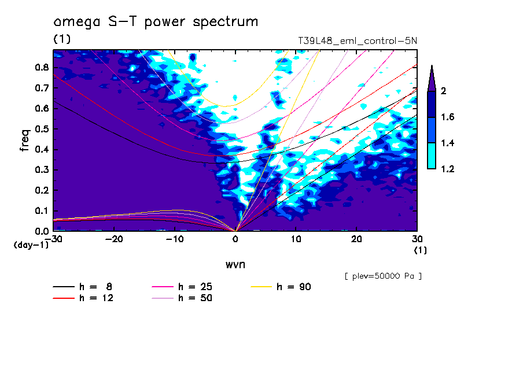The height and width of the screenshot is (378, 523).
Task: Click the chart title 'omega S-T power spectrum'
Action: [156, 22]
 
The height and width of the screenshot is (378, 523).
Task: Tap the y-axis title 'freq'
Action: [25, 140]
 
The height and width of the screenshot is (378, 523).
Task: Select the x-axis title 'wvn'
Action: [235, 264]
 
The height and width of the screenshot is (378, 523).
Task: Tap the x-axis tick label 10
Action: [296, 239]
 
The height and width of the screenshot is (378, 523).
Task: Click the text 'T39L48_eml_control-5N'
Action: [356, 41]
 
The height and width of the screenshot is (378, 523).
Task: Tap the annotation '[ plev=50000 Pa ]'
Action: [382, 276]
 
